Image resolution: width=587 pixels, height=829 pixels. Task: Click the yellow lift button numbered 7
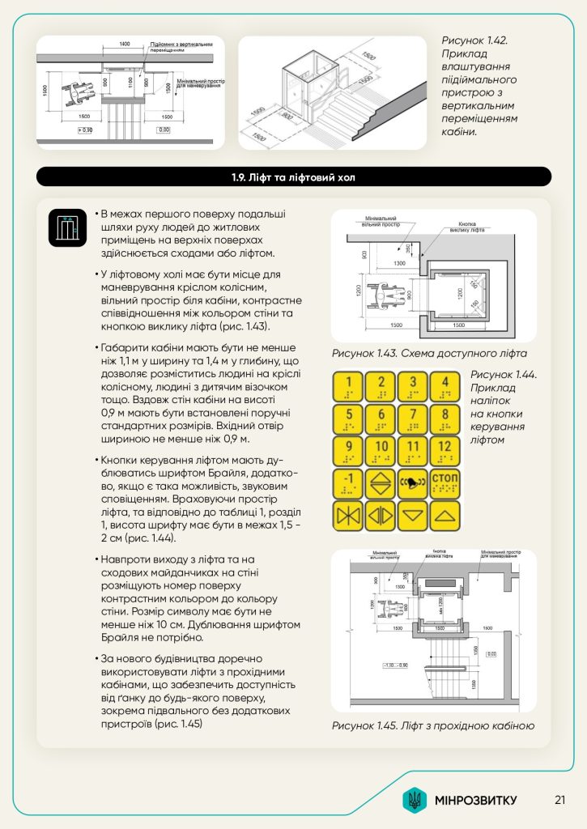pos(414,419)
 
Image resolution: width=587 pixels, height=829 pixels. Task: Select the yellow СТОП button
pos(445,483)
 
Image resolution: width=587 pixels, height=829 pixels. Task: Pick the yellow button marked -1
pos(349,483)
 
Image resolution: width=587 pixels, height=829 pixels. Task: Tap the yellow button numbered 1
pos(349,386)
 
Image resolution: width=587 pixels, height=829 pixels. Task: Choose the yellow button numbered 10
pos(381,450)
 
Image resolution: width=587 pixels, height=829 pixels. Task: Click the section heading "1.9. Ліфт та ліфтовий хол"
pos(293,176)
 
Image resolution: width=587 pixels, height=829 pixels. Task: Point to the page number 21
pos(559,800)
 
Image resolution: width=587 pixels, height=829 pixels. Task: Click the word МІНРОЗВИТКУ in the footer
pos(475,801)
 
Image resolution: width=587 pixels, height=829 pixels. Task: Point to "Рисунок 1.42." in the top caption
pos(475,40)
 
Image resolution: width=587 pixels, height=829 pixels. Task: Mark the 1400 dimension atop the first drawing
pos(124,43)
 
